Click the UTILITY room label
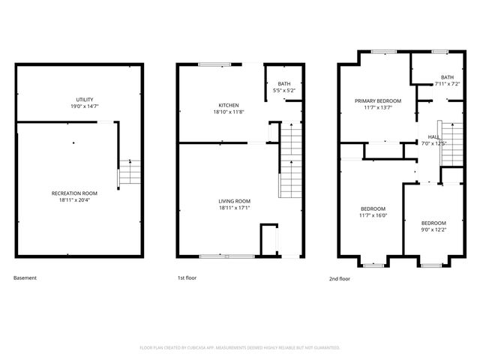[84, 100]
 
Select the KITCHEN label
[229, 105]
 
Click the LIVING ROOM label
[234, 201]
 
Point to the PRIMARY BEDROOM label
[378, 100]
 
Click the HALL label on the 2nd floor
[433, 136]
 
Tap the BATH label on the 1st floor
[283, 84]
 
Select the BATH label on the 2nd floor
[447, 77]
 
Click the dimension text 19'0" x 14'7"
[84, 106]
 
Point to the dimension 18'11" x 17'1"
[234, 208]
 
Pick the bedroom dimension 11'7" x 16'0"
[373, 215]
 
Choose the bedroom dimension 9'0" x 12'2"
[433, 230]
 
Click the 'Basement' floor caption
[25, 278]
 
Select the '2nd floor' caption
[340, 278]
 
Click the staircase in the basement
[129, 172]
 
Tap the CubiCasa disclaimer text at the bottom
[240, 347]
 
